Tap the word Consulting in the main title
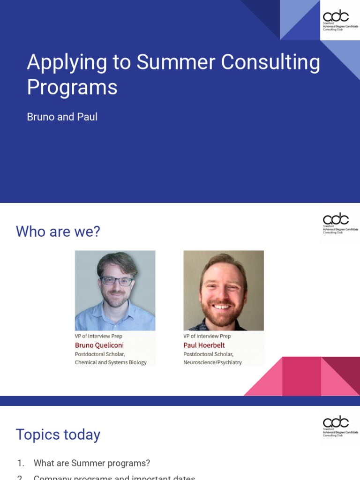coord(270,62)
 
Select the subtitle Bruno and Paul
coord(62,117)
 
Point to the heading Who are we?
coord(58,231)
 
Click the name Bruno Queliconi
coord(99,345)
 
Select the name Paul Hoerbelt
coord(204,345)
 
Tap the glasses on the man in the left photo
coord(116,281)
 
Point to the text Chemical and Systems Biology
coord(111,362)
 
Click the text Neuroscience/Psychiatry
coord(212,362)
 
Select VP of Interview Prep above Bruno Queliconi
coord(98,336)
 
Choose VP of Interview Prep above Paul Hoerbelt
coord(207,336)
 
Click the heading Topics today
coord(58,435)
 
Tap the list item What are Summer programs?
coord(92,463)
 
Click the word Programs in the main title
coord(72,87)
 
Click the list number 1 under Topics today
coord(20,463)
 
